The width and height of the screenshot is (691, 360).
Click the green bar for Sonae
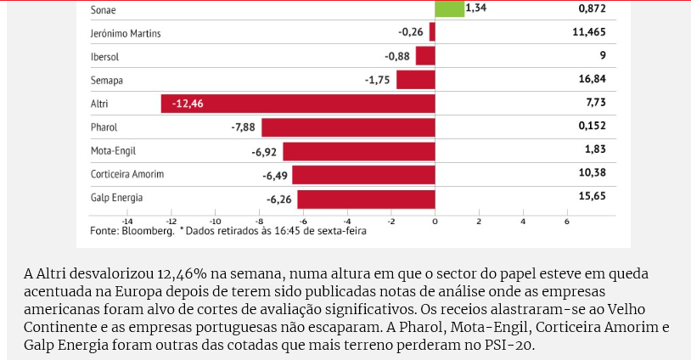click(x=449, y=8)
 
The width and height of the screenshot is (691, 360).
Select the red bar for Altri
click(x=297, y=104)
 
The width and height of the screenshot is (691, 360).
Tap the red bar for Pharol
click(x=348, y=127)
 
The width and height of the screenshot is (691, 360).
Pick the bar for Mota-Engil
click(x=358, y=151)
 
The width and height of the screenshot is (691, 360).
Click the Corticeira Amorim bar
click(x=363, y=175)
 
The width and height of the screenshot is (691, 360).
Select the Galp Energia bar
click(x=366, y=199)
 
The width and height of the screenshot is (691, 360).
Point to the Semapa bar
click(x=415, y=80)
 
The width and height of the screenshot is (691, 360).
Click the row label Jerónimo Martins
click(x=126, y=33)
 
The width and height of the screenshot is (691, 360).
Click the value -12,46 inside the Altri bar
click(x=188, y=104)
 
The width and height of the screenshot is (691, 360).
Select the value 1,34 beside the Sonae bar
click(x=477, y=8)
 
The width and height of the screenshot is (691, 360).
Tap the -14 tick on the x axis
click(x=126, y=221)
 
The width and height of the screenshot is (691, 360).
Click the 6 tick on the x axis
click(x=566, y=221)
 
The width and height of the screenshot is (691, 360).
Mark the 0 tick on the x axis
click(x=435, y=221)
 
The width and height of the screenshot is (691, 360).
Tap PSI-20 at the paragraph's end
click(x=510, y=346)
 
